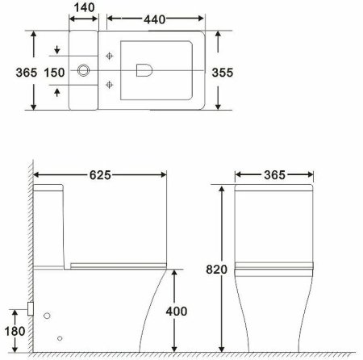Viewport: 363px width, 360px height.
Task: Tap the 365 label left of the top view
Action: (14, 72)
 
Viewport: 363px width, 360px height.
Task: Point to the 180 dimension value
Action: (14, 332)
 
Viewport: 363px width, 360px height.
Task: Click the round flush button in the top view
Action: (82, 72)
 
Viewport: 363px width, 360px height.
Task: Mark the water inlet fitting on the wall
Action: (30, 308)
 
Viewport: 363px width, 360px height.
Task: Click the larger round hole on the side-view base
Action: (48, 315)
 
